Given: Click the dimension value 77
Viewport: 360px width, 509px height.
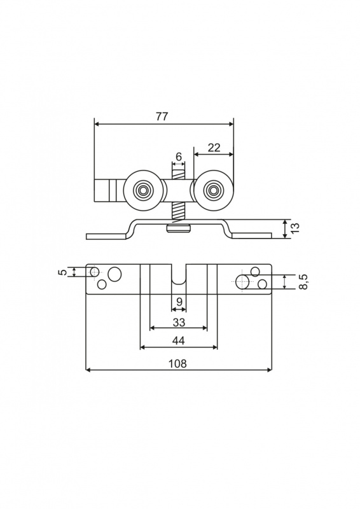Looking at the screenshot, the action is (162, 116).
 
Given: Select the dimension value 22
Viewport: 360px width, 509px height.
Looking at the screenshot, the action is (214, 148).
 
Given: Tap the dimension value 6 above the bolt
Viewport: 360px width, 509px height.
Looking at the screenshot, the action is (179, 157).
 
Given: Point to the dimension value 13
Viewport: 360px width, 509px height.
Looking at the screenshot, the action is (295, 229).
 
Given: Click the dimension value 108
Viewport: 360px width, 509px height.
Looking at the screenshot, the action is (178, 363).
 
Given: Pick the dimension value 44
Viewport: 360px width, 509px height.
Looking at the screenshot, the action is (178, 340).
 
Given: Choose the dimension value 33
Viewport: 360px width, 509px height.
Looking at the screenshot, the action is (179, 322).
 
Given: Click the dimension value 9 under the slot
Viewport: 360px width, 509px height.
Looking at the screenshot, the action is (179, 302).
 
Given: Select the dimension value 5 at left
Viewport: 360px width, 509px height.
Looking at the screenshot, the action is (64, 272).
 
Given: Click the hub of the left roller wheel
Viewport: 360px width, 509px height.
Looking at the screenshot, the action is (142, 190).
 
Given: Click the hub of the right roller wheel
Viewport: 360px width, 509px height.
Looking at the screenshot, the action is (213, 190).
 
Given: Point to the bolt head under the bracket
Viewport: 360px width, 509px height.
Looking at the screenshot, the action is (178, 230).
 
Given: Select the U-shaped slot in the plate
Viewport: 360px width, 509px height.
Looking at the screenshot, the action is (179, 275).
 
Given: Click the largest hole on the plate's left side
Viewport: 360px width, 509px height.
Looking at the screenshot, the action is (114, 274).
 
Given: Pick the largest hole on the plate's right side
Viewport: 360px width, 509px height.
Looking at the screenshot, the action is (242, 282).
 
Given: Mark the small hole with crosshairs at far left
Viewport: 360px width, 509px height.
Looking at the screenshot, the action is (95, 272).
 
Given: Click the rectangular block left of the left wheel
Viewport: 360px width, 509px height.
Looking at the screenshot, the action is (106, 190).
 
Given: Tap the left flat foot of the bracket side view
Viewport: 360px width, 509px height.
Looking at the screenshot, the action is (106, 236).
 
